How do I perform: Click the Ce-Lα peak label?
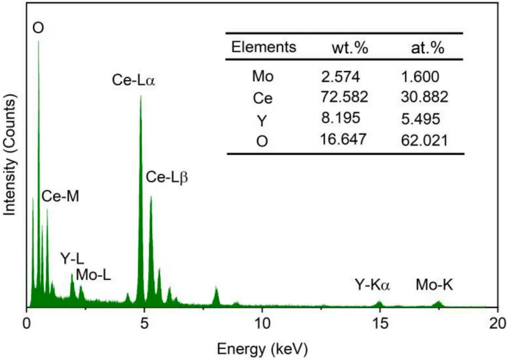coord(133,80)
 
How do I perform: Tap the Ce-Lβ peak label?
coord(166,178)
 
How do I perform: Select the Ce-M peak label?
coord(60,197)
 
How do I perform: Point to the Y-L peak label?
coord(72,258)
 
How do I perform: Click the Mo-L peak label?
coord(93,276)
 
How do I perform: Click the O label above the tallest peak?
coord(39,28)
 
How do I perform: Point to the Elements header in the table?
coord(264,47)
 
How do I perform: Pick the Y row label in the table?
coord(262,119)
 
